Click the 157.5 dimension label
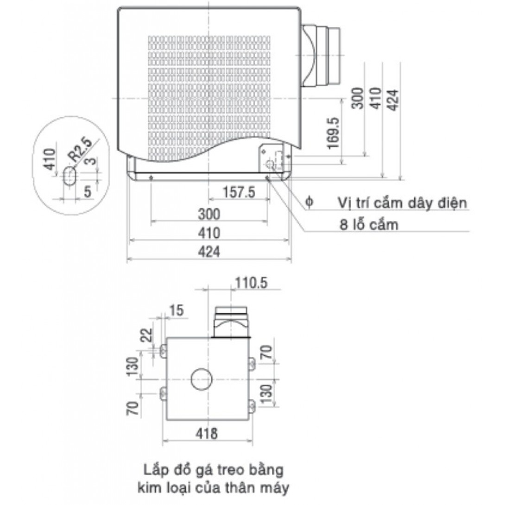click(239, 192)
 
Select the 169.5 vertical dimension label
click(333, 133)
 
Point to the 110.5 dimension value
click(251, 283)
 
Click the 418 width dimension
click(207, 434)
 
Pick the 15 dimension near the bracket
click(176, 310)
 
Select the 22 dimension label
click(147, 335)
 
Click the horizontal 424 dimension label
click(209, 252)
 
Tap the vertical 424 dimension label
click(393, 100)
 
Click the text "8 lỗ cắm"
click(369, 225)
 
